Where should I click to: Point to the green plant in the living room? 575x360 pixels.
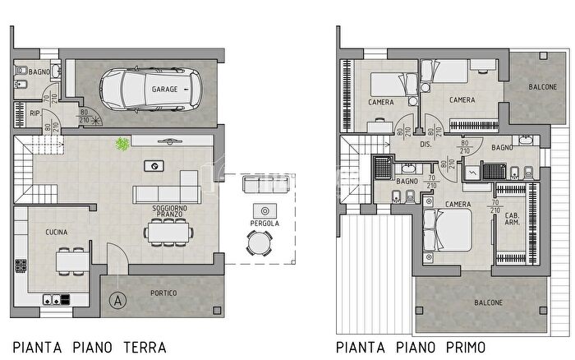click(122, 145)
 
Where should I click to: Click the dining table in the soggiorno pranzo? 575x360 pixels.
click(168, 233)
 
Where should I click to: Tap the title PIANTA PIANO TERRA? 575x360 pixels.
click(90, 347)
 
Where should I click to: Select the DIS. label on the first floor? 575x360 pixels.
click(425, 145)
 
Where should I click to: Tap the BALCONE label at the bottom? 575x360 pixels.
click(488, 302)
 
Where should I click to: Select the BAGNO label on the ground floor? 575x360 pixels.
click(39, 72)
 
